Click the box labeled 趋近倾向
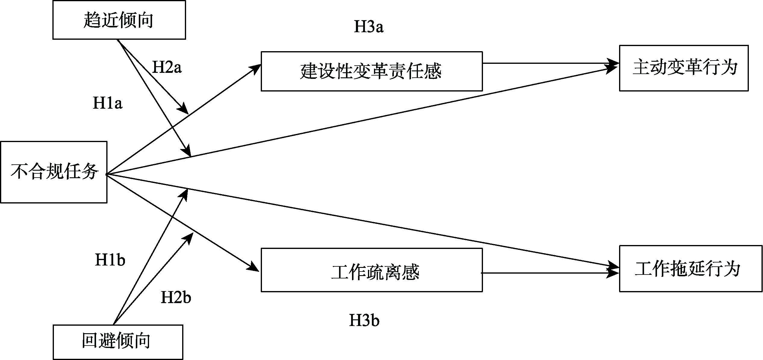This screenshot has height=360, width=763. (x=119, y=20)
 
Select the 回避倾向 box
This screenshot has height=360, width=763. (x=118, y=341)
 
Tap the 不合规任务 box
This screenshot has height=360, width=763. (x=54, y=172)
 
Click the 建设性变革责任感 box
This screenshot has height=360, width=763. (x=372, y=71)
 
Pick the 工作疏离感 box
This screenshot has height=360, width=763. (x=372, y=270)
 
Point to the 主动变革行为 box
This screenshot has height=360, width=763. (x=684, y=68)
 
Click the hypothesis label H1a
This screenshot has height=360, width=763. (x=107, y=104)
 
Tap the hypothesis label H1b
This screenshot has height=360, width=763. (x=110, y=260)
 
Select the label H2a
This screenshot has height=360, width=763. (x=167, y=67)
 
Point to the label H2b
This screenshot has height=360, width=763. (x=176, y=297)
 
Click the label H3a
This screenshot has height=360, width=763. (x=369, y=27)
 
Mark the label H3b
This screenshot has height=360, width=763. (x=364, y=320)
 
